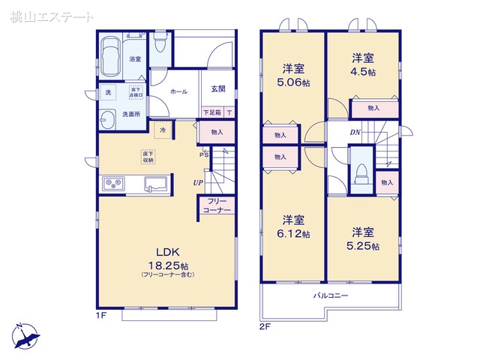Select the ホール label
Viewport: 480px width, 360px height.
coord(179,91)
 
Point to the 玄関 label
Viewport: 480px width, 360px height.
coord(217,91)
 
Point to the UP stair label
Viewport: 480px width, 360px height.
coord(197,181)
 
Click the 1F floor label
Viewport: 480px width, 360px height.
coord(102,316)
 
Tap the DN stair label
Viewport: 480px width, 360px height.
coord(355,133)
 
